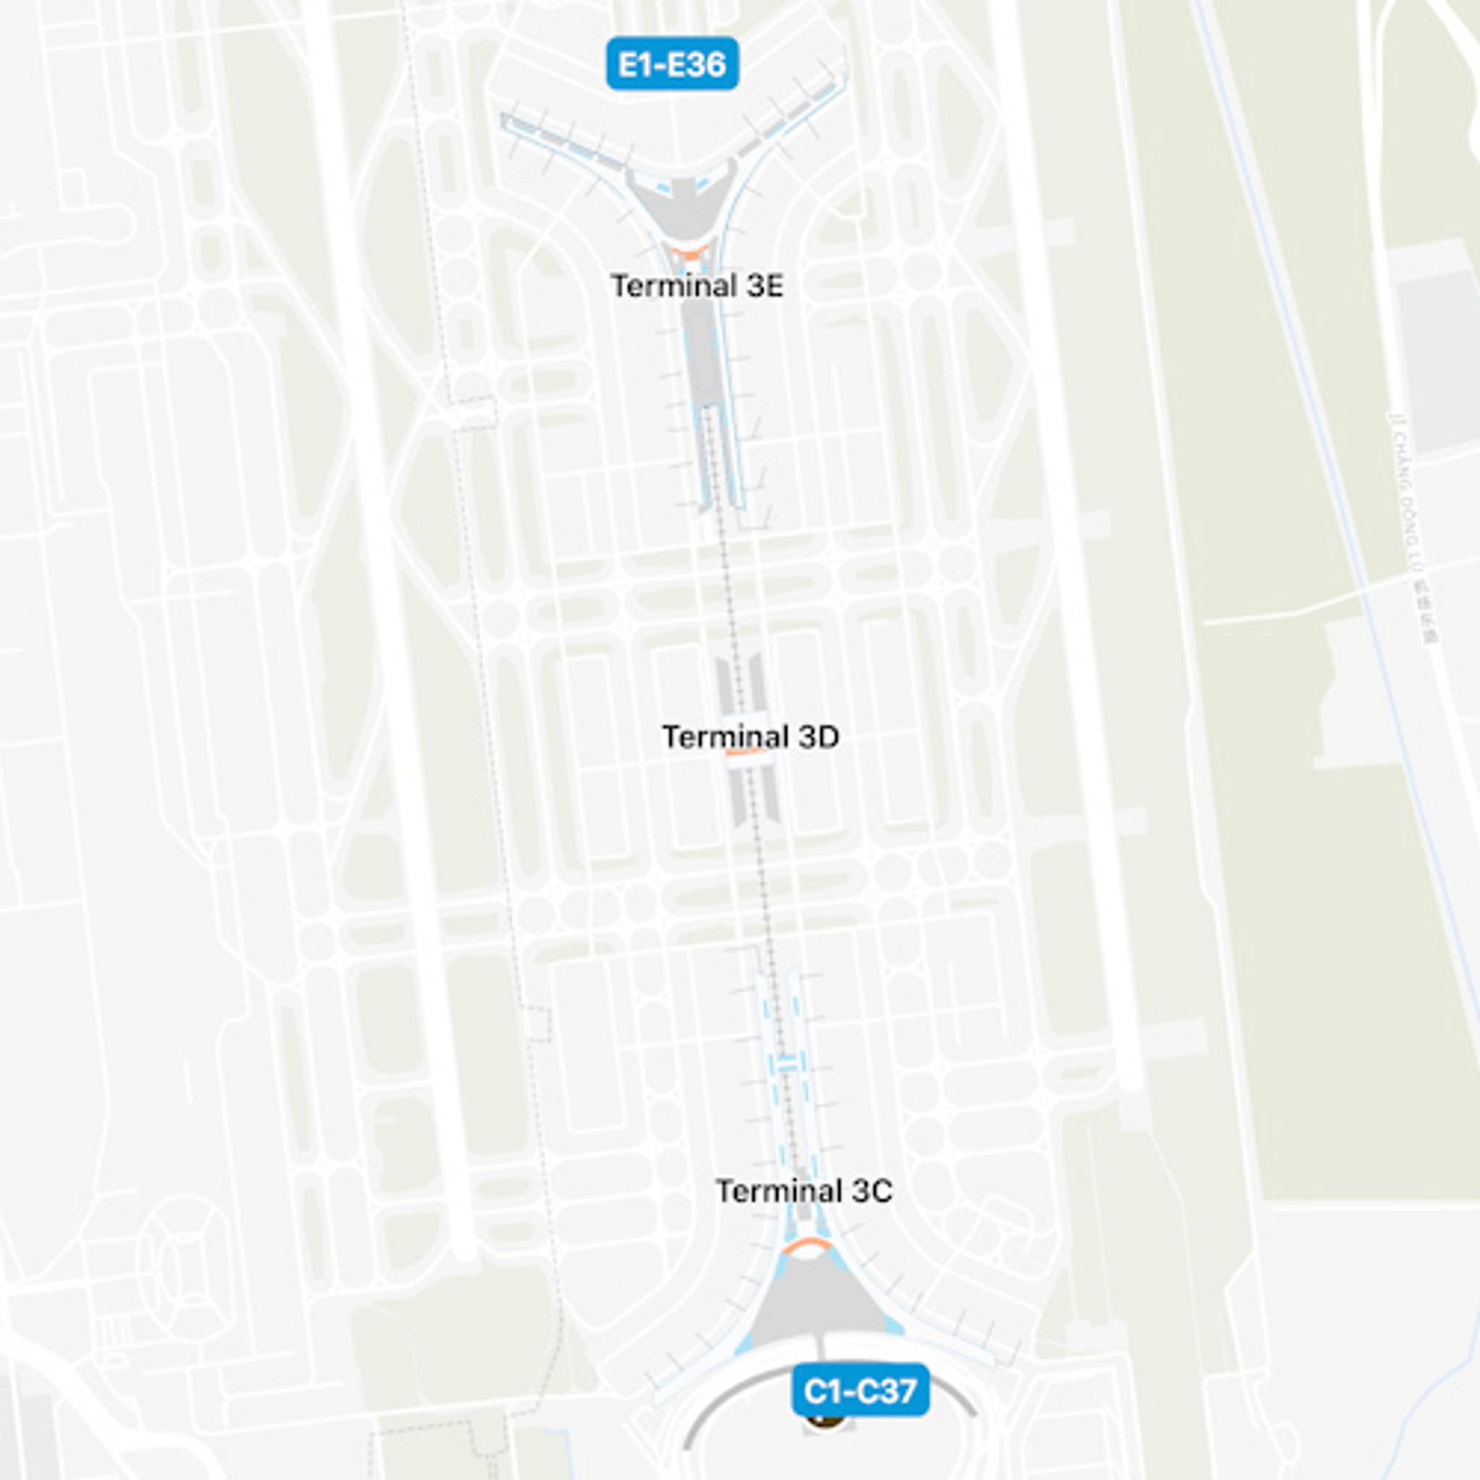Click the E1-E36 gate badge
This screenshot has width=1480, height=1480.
tap(672, 64)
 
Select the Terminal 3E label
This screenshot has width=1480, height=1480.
tap(697, 286)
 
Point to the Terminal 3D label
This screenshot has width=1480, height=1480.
tap(750, 737)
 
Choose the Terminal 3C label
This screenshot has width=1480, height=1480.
tap(804, 1191)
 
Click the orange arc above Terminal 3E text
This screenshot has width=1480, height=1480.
tap(687, 253)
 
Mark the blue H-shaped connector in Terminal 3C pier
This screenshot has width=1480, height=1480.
tap(786, 1062)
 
